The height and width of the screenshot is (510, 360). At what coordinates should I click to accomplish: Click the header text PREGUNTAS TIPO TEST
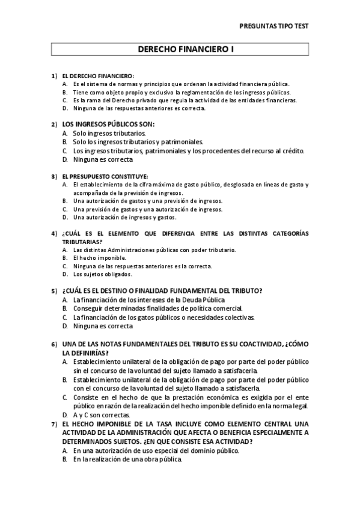(x=274, y=27)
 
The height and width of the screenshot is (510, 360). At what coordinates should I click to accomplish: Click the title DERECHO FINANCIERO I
(x=180, y=52)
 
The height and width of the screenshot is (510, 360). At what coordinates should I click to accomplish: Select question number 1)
(x=54, y=76)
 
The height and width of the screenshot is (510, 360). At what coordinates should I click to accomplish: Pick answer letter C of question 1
(x=64, y=100)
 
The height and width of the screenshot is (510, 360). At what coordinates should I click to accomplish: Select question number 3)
(x=54, y=176)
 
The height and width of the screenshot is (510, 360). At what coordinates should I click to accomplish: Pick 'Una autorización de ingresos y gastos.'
(x=124, y=217)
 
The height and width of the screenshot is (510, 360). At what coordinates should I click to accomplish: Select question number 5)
(x=54, y=290)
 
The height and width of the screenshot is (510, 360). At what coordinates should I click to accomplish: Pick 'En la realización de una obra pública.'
(x=127, y=459)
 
